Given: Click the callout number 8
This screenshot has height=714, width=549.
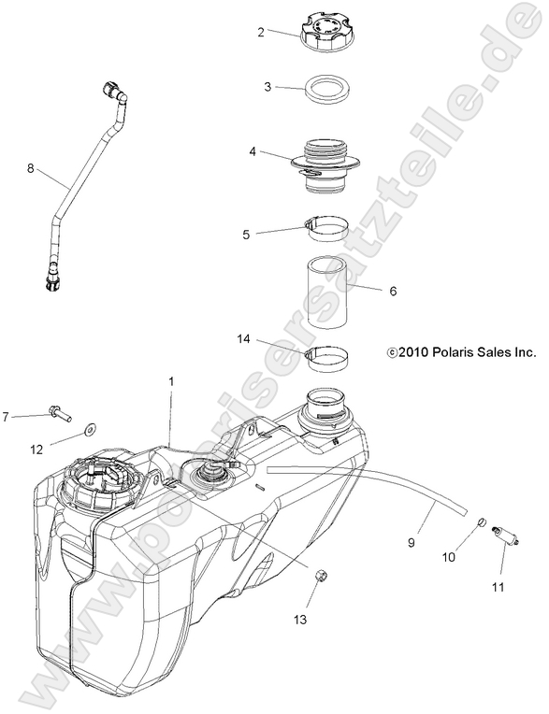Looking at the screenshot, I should tap(30, 169).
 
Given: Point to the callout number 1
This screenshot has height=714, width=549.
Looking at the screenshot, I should tap(171, 381).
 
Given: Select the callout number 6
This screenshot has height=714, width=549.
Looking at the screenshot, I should tap(393, 291).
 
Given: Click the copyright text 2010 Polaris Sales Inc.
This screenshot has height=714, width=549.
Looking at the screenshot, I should tap(461, 352).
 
